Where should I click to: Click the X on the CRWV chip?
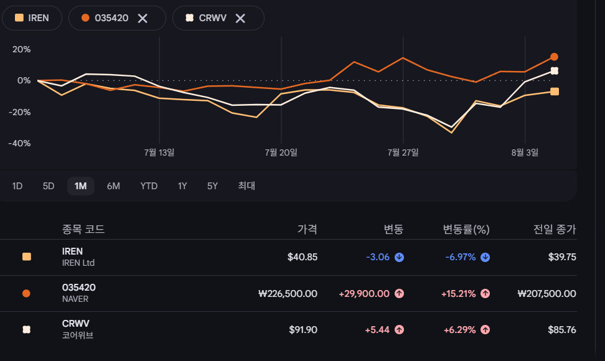coord(240,18)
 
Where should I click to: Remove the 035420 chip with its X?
coord(143,18)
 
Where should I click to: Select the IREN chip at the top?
coord(32,18)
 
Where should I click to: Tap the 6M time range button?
coord(113,186)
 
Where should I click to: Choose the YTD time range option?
coord(149,186)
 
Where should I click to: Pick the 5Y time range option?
coord(213,186)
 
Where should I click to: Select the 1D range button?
coord(17,186)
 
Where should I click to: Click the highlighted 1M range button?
coord(81,186)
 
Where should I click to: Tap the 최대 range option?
coord(246,186)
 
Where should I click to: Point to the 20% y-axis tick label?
coord(22,49)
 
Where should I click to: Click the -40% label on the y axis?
coord(20,144)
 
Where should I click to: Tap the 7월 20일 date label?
coord(281,152)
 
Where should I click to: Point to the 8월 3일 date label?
coord(525,152)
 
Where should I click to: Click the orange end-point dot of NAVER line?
coord(554,57)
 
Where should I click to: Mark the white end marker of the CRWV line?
coord(555,71)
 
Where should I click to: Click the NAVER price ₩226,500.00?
coord(288,294)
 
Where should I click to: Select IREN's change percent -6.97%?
coord(461,257)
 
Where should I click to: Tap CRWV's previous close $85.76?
coord(562,330)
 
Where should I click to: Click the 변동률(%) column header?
coord(466,230)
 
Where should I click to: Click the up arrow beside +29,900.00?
coord(400,294)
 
